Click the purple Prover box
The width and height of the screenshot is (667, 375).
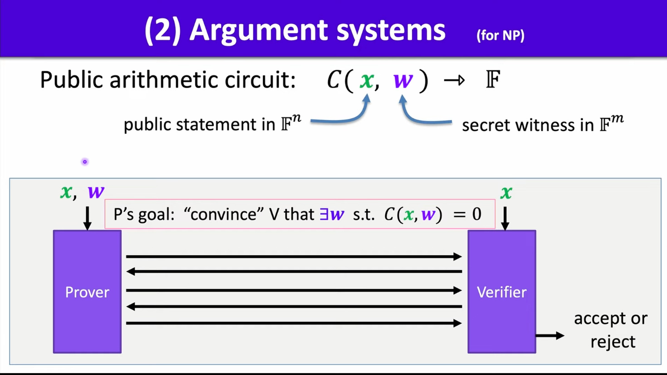pyautogui.click(x=87, y=291)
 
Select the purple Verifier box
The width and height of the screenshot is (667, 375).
pyautogui.click(x=501, y=291)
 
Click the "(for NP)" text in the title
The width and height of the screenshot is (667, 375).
pyautogui.click(x=500, y=35)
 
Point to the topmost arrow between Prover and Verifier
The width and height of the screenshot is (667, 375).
pyautogui.click(x=294, y=257)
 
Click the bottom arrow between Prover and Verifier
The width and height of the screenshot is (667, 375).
pyautogui.click(x=294, y=323)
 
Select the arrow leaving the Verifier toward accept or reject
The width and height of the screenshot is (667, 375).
pyautogui.click(x=550, y=336)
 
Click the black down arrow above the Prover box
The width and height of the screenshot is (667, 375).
pyautogui.click(x=88, y=218)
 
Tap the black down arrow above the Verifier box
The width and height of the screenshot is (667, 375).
pyautogui.click(x=505, y=218)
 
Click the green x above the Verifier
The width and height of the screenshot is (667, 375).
pyautogui.click(x=506, y=193)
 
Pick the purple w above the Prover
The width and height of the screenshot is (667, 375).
pyautogui.click(x=96, y=192)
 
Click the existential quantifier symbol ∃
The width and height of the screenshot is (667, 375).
pyautogui.click(x=324, y=214)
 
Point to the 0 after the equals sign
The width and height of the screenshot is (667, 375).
pyautogui.click(x=476, y=214)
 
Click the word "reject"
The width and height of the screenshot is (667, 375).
pyautogui.click(x=613, y=341)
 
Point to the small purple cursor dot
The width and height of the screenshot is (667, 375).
pyautogui.click(x=85, y=162)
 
